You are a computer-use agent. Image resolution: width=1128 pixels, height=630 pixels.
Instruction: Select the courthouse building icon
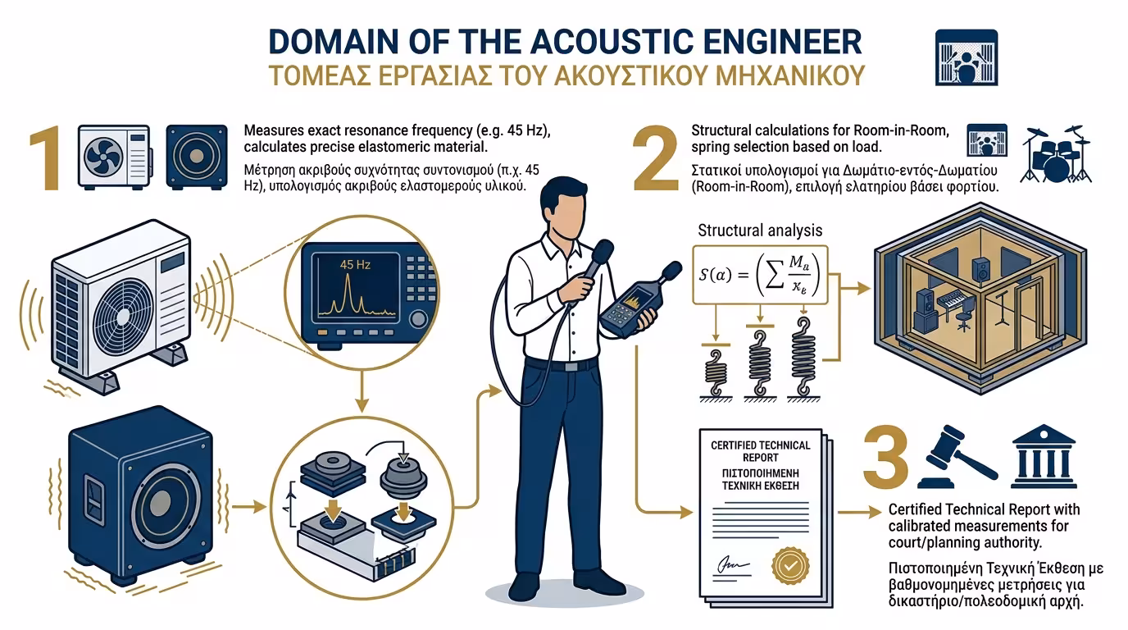[x=1044, y=456]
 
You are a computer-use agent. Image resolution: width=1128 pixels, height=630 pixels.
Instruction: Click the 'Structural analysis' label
[x=759, y=231]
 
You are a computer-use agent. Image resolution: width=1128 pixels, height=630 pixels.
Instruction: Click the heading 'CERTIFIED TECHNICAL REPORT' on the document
[x=761, y=450]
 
